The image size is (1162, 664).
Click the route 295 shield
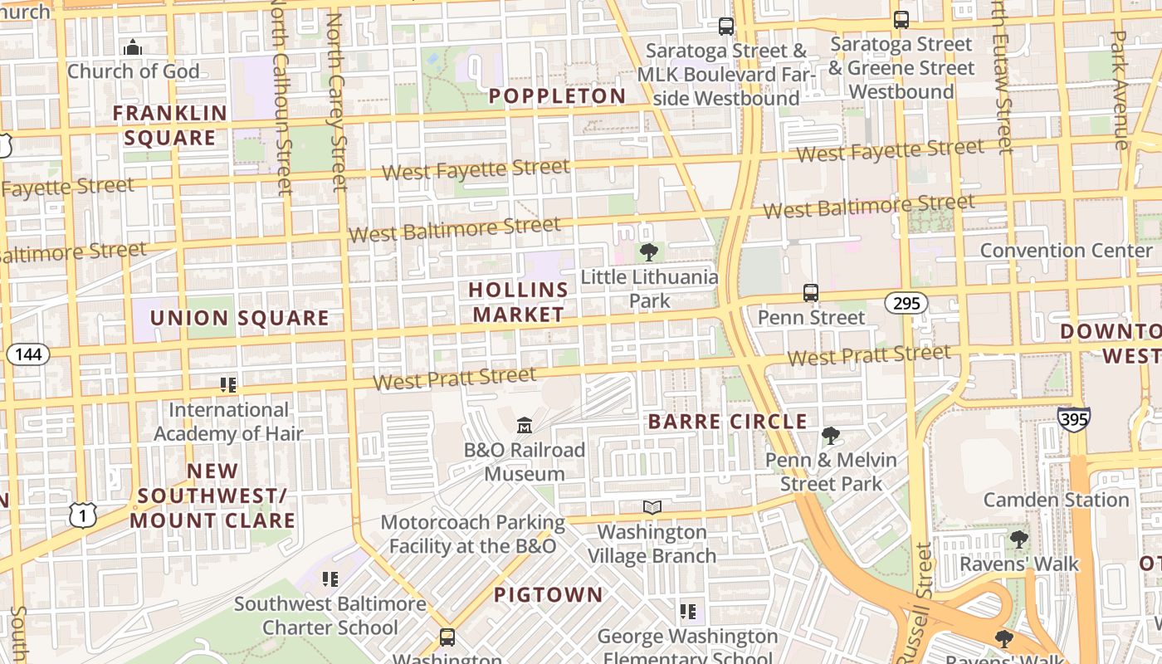[906, 304]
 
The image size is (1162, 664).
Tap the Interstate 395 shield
[1073, 419]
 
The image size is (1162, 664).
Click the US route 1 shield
[83, 515]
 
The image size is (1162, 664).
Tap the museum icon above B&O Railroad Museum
[525, 426]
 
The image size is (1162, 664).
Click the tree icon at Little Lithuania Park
[648, 251]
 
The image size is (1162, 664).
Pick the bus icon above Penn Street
[811, 293]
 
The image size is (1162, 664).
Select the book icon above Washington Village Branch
[652, 507]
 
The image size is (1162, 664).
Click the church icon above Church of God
[133, 47]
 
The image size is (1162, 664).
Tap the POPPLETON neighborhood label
[557, 96]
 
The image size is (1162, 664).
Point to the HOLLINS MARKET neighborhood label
[519, 302]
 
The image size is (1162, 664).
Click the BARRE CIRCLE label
[727, 422]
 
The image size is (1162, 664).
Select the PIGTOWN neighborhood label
[548, 595]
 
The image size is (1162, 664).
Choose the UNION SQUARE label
[239, 319]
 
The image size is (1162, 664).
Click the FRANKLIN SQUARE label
[169, 125]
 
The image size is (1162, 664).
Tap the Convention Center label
[1066, 251]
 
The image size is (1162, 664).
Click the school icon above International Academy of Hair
[228, 385]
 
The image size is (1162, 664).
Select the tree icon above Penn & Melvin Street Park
[830, 436]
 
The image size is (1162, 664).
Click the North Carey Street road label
[336, 101]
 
